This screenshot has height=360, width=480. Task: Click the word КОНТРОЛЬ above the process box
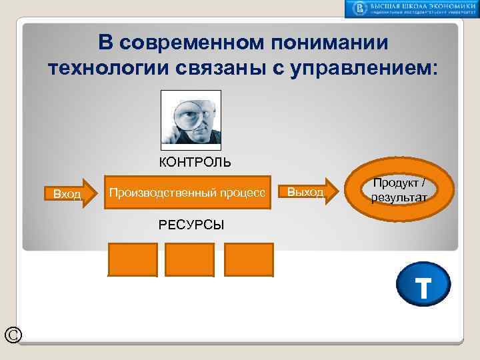coord(195,162)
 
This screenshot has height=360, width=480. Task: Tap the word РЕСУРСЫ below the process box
coord(191,225)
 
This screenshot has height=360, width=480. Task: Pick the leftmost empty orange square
coord(132,259)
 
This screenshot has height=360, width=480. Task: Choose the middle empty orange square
coord(189,259)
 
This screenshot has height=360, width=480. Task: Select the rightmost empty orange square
coord(249,259)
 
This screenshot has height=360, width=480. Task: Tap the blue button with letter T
coord(423,288)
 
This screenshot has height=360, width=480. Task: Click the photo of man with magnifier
coord(191,119)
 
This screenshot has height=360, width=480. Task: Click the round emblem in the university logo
coord(359,9)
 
